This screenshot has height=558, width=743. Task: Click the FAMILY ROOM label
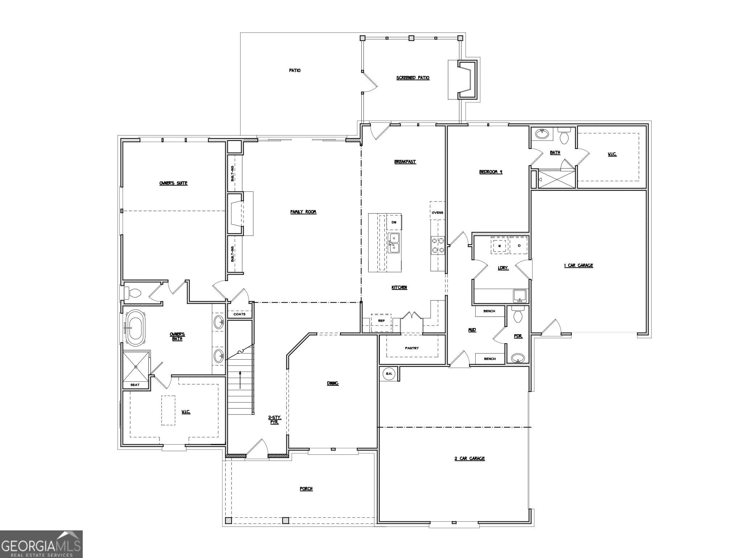coord(303,212)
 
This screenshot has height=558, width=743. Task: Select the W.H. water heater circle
coord(389,373)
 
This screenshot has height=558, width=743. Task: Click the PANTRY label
coord(412,348)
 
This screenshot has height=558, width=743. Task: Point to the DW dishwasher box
coord(394,222)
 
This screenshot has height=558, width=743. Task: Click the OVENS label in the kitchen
coord(437,213)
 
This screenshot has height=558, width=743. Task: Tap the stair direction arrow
coord(240,380)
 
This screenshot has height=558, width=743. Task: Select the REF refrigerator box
coord(381,321)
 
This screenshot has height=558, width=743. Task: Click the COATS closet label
coord(239,314)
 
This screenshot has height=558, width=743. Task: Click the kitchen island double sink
coord(394,243)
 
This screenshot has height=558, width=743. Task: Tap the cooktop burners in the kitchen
coord(438,244)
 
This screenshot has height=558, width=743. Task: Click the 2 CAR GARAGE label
coord(469,458)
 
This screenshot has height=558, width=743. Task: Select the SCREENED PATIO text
coord(413,78)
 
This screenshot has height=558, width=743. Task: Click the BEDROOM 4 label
coord(490,172)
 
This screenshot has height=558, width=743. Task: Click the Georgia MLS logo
coord(41,544)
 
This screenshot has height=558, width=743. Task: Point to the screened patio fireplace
coord(467,80)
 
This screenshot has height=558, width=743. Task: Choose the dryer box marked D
coord(519,246)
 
